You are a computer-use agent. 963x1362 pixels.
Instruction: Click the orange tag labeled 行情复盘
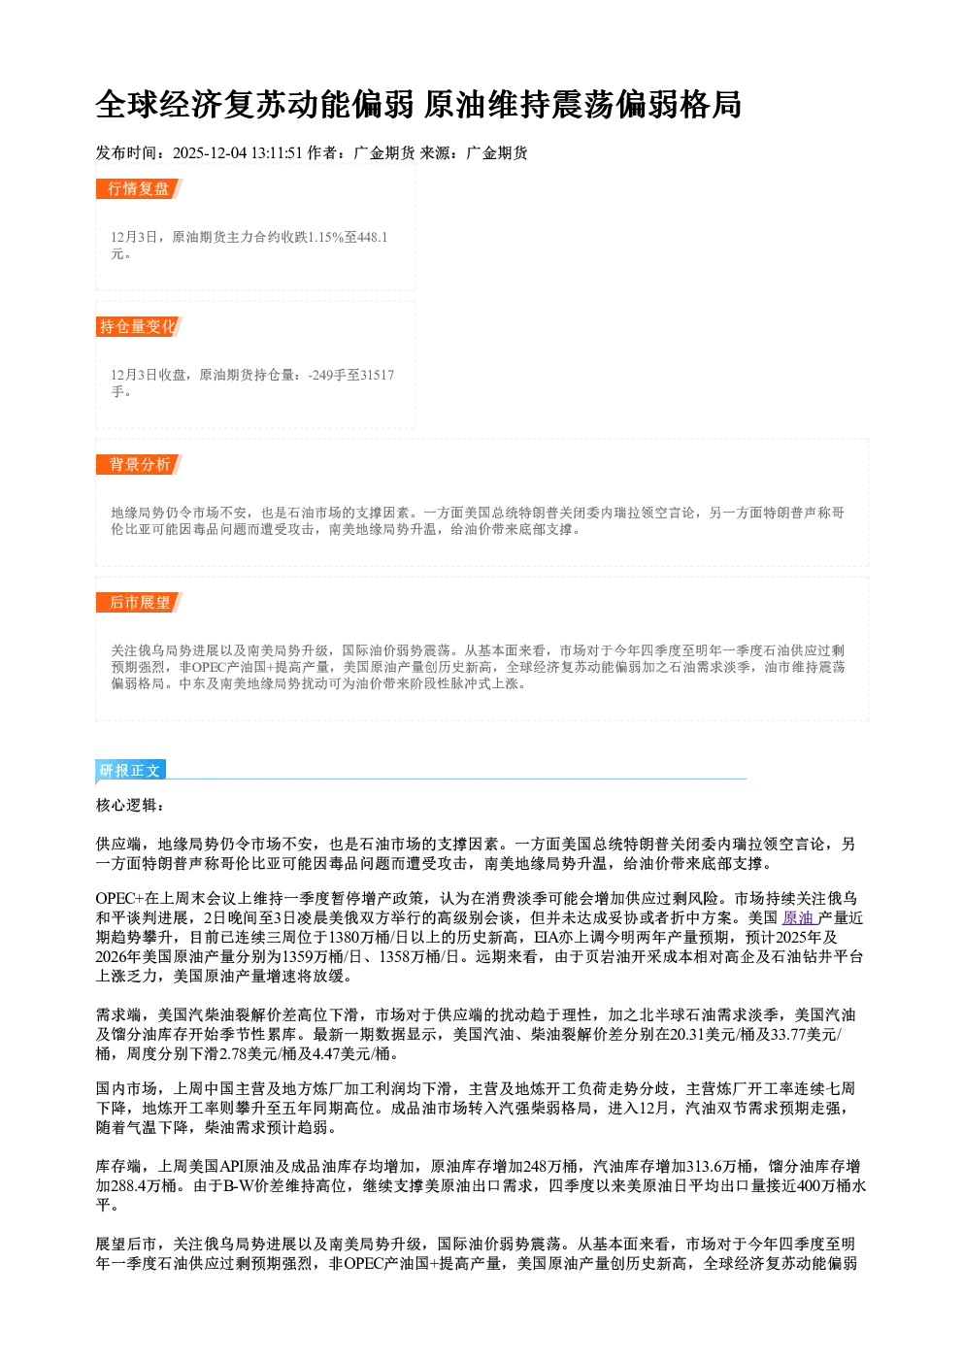pyautogui.click(x=139, y=188)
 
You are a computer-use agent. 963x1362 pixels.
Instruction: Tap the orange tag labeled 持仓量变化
pyautogui.click(x=139, y=326)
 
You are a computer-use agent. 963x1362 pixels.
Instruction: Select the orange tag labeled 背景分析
pyautogui.click(x=139, y=465)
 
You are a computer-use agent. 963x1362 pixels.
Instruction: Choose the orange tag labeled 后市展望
pyautogui.click(x=139, y=603)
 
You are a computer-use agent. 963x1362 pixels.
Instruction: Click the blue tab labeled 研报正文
pyautogui.click(x=130, y=771)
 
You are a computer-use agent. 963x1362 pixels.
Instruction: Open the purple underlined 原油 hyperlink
pyautogui.click(x=798, y=918)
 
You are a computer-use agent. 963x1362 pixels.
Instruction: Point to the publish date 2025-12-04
pyautogui.click(x=210, y=152)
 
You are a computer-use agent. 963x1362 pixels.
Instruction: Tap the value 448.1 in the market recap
pyautogui.click(x=373, y=237)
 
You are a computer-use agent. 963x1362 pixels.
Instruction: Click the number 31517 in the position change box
pyautogui.click(x=377, y=375)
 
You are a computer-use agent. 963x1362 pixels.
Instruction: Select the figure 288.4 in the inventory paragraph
pyautogui.click(x=132, y=1185)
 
